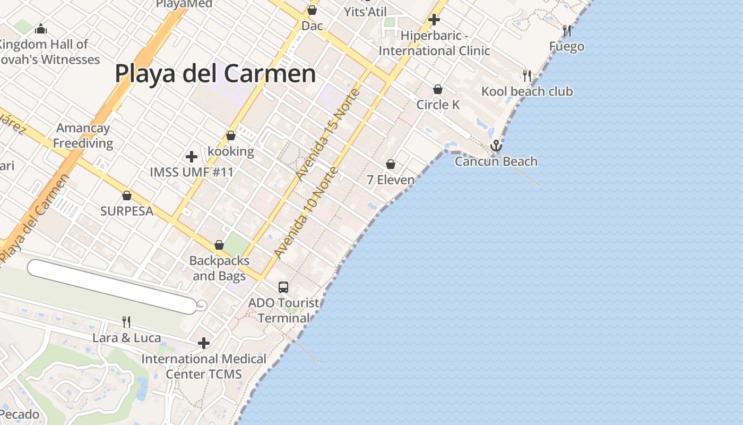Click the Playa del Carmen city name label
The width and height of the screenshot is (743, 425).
(x=215, y=73)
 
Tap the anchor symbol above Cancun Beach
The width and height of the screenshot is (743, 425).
(x=496, y=145)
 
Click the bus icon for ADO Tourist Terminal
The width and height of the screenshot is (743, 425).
(x=283, y=287)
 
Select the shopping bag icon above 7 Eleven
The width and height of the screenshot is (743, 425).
(x=391, y=164)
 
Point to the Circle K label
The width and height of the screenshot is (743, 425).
(x=438, y=105)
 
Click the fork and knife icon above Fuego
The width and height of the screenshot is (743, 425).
(x=567, y=31)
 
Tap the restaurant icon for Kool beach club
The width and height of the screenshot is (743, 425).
(x=526, y=75)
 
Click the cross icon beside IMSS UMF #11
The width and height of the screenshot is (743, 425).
(x=192, y=157)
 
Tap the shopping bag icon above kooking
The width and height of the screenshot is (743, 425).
(x=230, y=135)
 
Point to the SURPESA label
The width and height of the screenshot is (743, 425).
(x=127, y=211)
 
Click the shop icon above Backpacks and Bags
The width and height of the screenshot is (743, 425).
(x=219, y=245)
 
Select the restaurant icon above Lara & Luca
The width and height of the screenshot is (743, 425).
(x=126, y=322)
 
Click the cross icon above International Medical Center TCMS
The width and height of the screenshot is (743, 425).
(x=203, y=343)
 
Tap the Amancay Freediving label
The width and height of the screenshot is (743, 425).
(x=83, y=135)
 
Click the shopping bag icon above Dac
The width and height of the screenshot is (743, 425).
(x=312, y=10)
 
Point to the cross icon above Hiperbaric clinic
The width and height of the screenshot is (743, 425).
(x=434, y=20)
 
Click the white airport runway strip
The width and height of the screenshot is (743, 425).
(x=111, y=286)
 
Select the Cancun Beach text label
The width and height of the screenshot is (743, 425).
(x=496, y=161)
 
